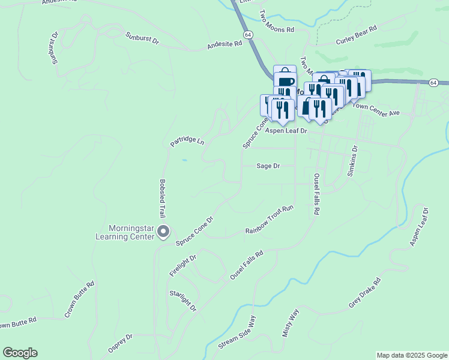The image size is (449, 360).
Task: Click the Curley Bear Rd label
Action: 355,36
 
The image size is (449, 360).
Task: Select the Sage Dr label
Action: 268,166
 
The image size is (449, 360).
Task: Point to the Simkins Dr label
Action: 353,160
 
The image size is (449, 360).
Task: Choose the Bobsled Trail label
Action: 162,199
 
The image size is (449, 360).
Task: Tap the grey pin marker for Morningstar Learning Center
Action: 164,231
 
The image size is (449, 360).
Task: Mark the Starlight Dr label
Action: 183,300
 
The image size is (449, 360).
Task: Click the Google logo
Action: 20,353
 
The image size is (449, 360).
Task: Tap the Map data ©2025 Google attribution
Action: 412,355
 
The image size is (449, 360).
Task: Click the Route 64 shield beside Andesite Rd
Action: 248,35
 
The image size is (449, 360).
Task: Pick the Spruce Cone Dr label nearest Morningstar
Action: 194,230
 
